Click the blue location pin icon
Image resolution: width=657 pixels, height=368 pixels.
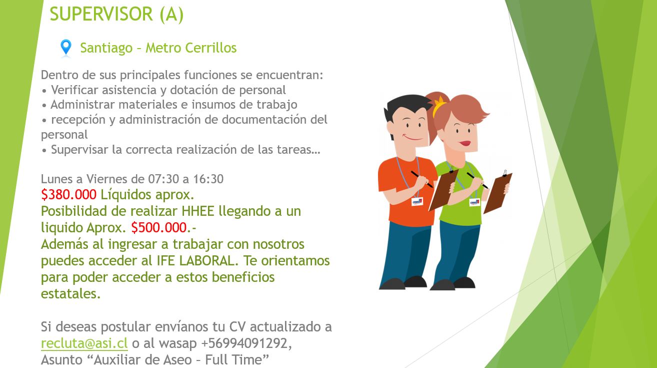click(65, 47)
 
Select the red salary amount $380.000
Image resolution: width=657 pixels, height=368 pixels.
click(68, 194)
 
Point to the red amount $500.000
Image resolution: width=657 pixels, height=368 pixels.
click(158, 227)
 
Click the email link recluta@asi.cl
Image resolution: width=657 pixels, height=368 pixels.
click(84, 343)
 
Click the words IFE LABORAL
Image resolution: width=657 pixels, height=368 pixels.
click(195, 260)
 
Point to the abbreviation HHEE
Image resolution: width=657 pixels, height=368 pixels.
click(198, 211)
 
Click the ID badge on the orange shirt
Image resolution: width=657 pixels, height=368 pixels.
click(417, 202)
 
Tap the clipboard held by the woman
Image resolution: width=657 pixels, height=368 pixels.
click(497, 193)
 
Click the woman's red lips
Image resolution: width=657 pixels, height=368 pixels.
click(465, 143)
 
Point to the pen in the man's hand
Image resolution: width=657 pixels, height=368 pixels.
click(422, 179)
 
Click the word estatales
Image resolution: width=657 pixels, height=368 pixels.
click(70, 294)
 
